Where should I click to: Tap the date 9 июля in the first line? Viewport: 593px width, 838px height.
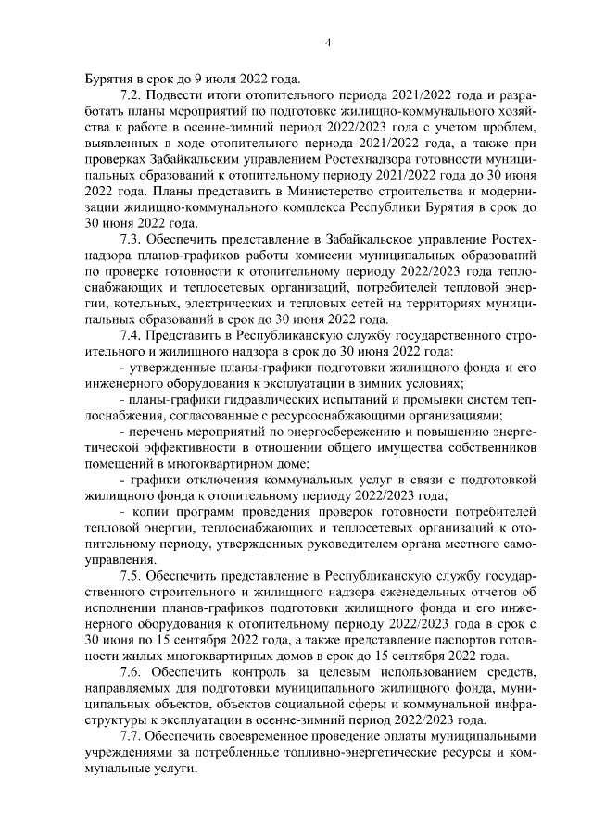coord(201,78)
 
